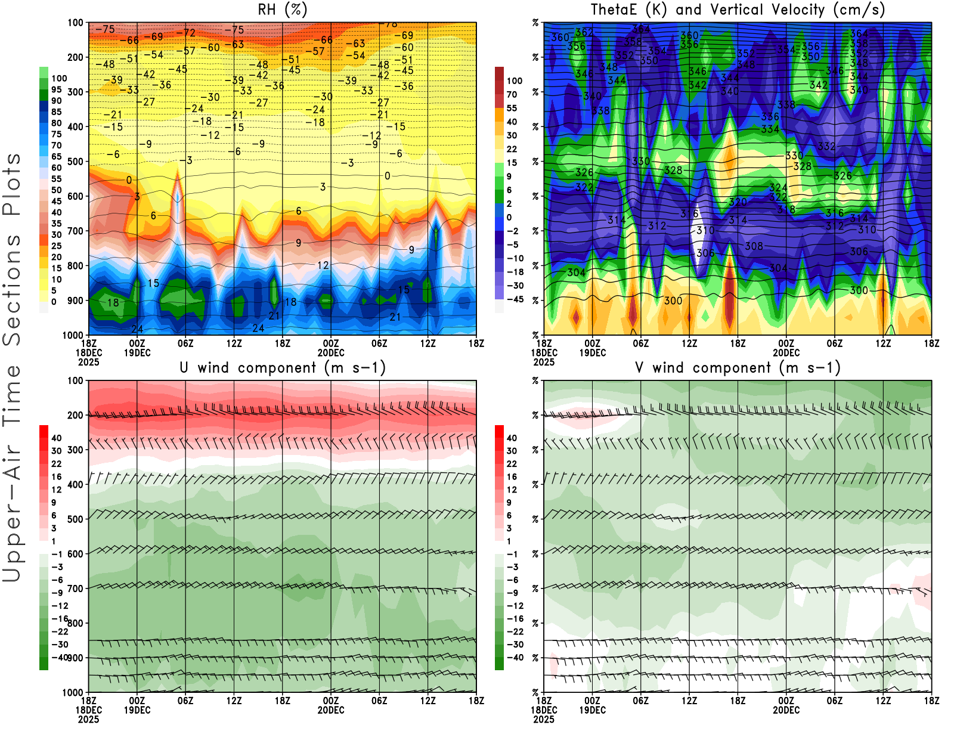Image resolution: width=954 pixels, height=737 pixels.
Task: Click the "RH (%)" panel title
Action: tap(282, 10)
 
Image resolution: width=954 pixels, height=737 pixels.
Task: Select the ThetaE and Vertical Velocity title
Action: tap(738, 10)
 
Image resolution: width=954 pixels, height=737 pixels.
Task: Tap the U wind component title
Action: tap(283, 367)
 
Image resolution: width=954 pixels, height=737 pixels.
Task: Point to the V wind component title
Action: tap(738, 367)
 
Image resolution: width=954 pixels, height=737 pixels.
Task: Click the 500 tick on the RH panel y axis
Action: tap(75, 162)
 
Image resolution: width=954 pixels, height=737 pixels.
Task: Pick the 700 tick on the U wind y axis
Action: tap(75, 589)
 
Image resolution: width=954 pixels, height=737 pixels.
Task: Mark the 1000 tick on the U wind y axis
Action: tap(73, 692)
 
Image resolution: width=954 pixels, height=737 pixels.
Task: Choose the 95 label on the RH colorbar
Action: tap(57, 89)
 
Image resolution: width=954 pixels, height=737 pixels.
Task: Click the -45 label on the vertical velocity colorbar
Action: tap(515, 299)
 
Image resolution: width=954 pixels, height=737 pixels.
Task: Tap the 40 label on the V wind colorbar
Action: tap(512, 438)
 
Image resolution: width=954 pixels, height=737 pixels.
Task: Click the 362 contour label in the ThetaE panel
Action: tap(584, 32)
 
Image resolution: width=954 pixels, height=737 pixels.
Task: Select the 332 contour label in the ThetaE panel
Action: tap(826, 146)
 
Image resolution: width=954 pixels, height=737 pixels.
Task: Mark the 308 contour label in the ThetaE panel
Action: tap(754, 246)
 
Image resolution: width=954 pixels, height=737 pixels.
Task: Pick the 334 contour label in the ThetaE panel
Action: tap(770, 129)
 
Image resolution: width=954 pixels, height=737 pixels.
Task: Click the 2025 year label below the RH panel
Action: tap(88, 362)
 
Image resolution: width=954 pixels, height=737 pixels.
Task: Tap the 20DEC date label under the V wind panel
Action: tap(786, 710)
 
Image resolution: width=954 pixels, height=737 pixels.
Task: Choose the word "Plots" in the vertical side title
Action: tap(12, 185)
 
